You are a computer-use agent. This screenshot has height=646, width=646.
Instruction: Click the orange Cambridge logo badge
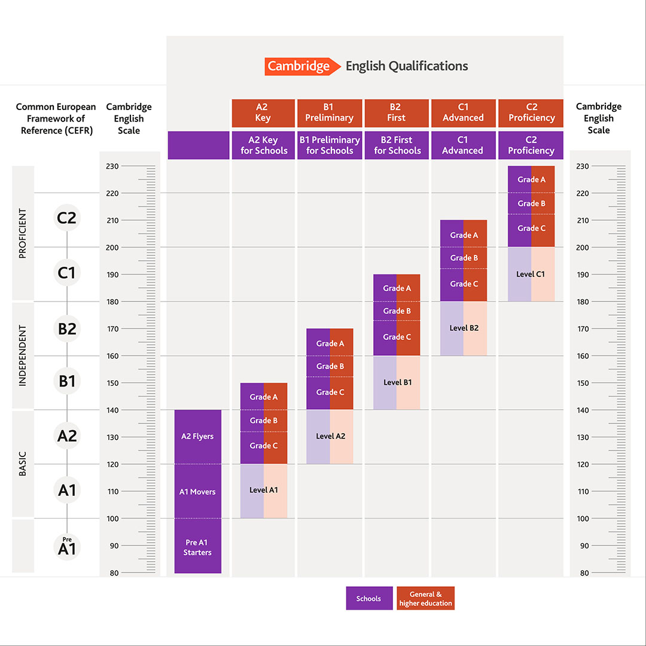(298, 66)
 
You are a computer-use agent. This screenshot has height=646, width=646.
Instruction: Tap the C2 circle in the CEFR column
(66, 218)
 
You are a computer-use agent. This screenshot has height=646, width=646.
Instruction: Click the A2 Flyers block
(197, 437)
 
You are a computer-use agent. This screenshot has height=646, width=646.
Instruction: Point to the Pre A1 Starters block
(197, 547)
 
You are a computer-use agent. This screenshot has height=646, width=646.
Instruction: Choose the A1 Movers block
(197, 492)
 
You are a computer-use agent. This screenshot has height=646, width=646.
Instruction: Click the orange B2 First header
(395, 112)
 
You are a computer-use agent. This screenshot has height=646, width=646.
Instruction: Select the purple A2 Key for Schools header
(264, 145)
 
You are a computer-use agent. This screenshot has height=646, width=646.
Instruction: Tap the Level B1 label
(397, 382)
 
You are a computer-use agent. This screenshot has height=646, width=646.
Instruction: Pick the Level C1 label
(531, 274)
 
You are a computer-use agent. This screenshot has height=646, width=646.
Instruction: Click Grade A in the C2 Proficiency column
(531, 179)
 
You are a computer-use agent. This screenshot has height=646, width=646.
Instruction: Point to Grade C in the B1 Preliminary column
(330, 392)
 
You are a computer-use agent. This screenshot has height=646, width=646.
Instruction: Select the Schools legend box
(368, 598)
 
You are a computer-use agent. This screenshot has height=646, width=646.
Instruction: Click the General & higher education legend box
(426, 598)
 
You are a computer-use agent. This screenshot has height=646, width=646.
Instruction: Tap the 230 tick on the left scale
(112, 166)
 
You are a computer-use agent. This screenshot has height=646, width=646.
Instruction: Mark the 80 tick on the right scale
(583, 573)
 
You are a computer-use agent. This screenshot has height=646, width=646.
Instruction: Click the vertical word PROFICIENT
(23, 233)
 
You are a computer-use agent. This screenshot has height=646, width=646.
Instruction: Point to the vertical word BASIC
(23, 464)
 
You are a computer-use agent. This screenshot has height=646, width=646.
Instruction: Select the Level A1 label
(264, 490)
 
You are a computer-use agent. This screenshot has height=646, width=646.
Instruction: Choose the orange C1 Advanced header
(463, 112)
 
